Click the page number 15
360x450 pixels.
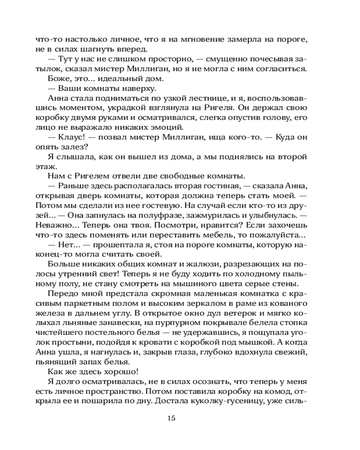(171, 418)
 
